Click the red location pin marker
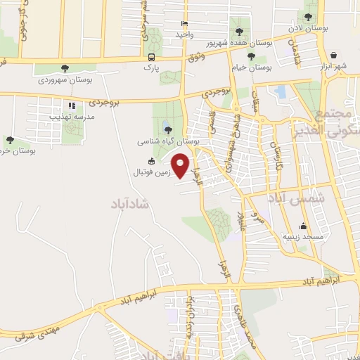pyautogui.click(x=181, y=166)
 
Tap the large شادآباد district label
pyautogui.click(x=131, y=204)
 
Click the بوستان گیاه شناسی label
pyautogui.click(x=169, y=141)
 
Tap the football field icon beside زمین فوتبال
pyautogui.click(x=151, y=161)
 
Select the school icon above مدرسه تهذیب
pyautogui.click(x=71, y=106)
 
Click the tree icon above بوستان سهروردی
pyautogui.click(x=65, y=69)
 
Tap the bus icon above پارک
pyautogui.click(x=151, y=57)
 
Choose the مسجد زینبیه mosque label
pyautogui.click(x=304, y=237)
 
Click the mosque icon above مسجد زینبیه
pyautogui.click(x=304, y=226)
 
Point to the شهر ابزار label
pyautogui.click(x=333, y=66)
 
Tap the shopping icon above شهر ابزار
pyautogui.click(x=333, y=55)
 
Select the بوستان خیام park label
pyautogui.click(x=251, y=67)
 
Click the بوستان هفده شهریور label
pyautogui.click(x=240, y=42)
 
